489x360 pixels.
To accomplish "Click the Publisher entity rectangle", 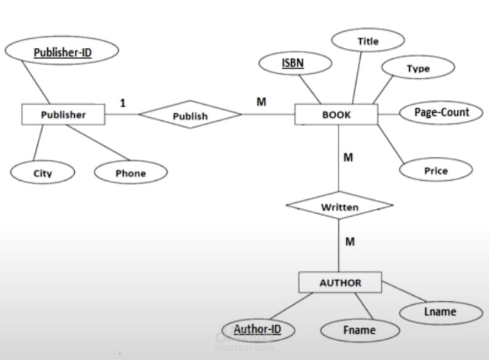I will coord(63,115).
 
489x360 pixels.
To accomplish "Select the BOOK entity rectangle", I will coord(336,115).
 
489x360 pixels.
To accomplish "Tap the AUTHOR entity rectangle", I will coord(340,283).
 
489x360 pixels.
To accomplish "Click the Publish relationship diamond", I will coord(190,115).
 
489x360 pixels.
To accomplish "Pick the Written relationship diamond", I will coord(339,207).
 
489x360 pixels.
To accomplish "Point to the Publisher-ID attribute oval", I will coord(63,53).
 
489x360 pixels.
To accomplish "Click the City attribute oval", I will coord(43,173).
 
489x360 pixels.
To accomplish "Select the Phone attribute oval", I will coord(131,173).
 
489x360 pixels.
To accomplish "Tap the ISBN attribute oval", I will coord(293,63).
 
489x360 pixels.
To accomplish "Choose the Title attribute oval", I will coord(368,41).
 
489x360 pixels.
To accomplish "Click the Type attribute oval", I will coord(418,68).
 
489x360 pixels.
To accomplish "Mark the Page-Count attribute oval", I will coord(441,112).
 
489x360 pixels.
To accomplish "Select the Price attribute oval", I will coord(436,171).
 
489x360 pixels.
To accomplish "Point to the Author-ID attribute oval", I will coord(257,329).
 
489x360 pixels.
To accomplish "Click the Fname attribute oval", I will coord(359,330).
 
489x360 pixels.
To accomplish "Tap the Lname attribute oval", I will coord(441,312).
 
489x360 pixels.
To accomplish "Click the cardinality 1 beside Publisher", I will coord(123,103).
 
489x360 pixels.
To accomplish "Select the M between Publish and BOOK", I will coord(261,102).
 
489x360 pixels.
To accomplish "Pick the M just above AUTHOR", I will coord(349,242).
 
